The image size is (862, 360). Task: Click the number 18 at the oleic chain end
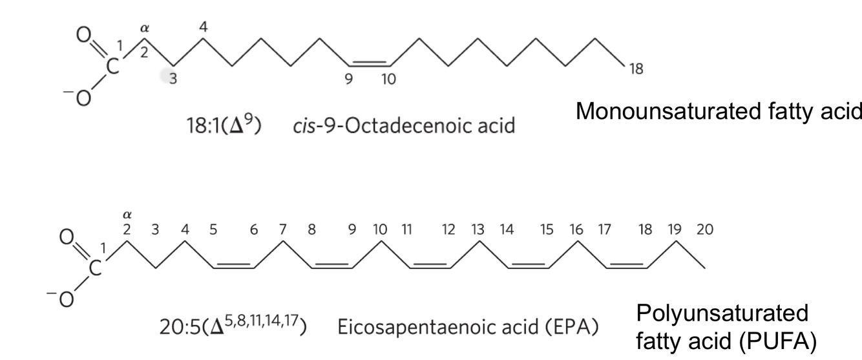[636, 69]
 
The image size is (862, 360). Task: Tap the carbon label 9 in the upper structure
[350, 80]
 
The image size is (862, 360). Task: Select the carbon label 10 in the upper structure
[388, 80]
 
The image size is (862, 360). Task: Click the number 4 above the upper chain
[204, 27]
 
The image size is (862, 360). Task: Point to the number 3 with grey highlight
[172, 80]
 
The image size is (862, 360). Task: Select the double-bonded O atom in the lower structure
[65, 238]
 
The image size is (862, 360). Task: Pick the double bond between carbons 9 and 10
[369, 64]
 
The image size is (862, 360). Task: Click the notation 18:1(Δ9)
[224, 125]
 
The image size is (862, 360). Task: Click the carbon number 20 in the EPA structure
[704, 229]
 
